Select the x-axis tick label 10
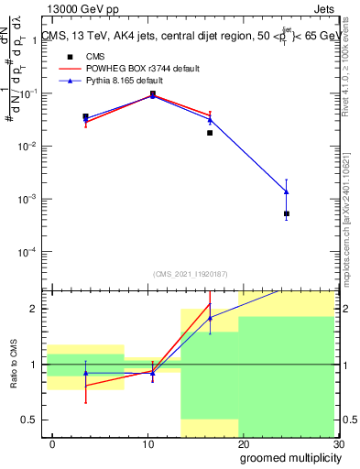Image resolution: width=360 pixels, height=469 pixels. click(x=148, y=443)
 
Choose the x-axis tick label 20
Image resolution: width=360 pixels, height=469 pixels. click(x=244, y=443)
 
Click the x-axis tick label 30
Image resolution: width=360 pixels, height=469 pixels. click(x=337, y=443)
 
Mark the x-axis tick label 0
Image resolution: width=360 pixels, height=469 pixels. click(x=52, y=443)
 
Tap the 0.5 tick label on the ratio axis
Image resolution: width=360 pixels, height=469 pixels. click(x=30, y=420)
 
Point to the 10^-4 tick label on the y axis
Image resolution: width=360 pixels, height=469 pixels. click(x=27, y=251)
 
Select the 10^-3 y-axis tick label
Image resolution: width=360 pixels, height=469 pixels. click(x=27, y=199)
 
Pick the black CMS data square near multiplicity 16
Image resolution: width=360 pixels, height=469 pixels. click(x=210, y=133)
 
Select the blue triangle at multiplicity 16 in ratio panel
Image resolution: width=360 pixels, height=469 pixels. click(x=210, y=318)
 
